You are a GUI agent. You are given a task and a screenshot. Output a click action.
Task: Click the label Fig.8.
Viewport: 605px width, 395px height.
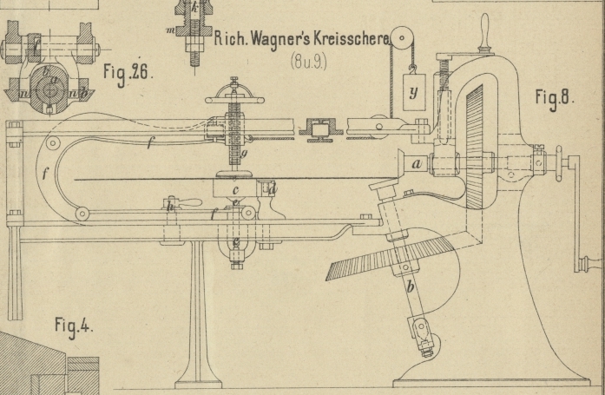[553, 98]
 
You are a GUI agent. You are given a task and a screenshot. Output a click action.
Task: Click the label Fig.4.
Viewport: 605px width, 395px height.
[74, 326]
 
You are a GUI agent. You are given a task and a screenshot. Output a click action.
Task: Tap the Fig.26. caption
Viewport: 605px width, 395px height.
[127, 70]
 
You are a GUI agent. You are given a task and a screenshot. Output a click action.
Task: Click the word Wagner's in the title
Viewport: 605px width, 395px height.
[266, 40]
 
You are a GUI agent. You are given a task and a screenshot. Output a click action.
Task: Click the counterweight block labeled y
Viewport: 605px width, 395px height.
[413, 91]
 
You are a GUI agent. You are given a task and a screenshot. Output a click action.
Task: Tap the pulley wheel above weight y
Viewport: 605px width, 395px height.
[402, 38]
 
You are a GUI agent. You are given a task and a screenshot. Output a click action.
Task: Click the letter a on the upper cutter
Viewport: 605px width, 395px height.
[417, 162]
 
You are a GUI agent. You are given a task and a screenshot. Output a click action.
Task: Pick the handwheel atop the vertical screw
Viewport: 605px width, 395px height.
[234, 96]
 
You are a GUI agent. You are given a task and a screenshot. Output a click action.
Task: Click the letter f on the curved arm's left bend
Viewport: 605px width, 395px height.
[45, 174]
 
